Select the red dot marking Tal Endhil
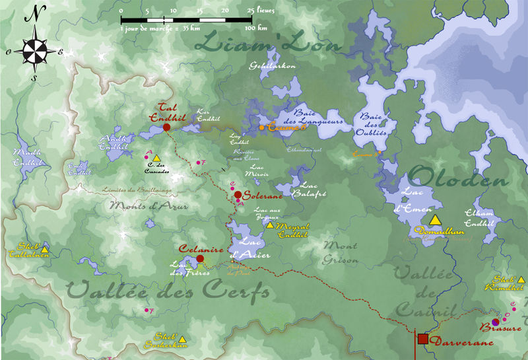coord(166,127)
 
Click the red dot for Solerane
coord(238,195)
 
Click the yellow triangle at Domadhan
coord(435,220)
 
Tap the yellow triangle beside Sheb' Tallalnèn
coord(44,250)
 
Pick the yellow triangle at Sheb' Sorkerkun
coord(182,339)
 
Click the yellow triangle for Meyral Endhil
coord(269,225)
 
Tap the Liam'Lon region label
coord(269,44)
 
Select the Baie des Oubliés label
coord(373,124)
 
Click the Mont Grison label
coord(341,252)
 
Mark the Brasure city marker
coord(495,321)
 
